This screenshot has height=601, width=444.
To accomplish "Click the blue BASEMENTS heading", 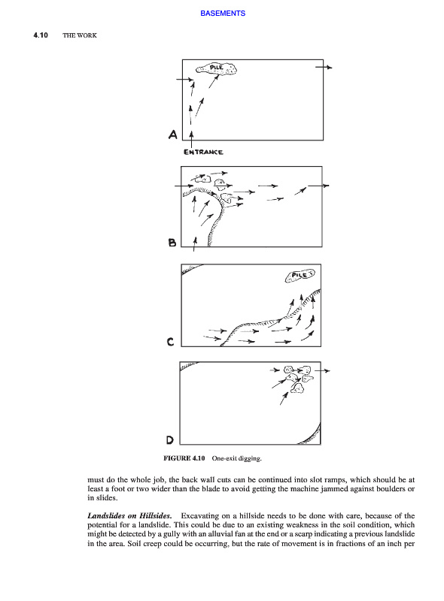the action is tap(223, 14).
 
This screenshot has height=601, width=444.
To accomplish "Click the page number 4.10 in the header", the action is tap(41, 35).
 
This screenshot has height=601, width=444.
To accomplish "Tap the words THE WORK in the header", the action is tap(80, 35).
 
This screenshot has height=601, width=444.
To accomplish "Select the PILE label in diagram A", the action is tap(216, 68).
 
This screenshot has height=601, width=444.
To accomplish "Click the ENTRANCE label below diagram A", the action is tap(203, 153).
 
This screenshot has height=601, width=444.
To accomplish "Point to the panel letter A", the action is tap(173, 134).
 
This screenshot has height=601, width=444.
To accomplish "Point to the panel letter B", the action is tap(172, 242).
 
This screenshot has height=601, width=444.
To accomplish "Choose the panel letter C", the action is tap(171, 342).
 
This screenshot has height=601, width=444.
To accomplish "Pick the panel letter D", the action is tap(170, 440).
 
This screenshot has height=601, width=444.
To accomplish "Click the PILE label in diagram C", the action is tap(300, 275).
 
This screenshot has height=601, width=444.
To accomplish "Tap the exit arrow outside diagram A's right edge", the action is tap(324, 68).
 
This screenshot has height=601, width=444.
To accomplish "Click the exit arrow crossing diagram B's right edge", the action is tap(318, 186).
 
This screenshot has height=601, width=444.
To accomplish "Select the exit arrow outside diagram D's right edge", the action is tap(322, 370).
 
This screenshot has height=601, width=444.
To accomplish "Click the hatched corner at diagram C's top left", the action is tap(191, 268).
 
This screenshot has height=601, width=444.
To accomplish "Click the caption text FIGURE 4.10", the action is tap(184, 458).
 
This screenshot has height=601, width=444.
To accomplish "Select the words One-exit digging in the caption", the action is tap(236, 458).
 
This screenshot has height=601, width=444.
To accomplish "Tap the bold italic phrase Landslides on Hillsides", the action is tap(129, 515).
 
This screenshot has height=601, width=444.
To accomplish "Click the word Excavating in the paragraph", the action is tap(199, 515).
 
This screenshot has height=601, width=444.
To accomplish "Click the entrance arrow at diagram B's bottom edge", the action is tap(195, 244).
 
